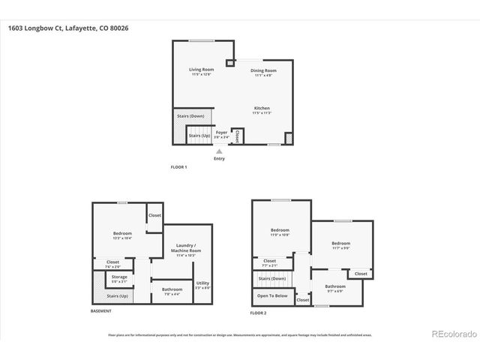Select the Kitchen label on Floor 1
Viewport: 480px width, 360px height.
tap(262, 110)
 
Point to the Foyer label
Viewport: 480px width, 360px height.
tap(221, 133)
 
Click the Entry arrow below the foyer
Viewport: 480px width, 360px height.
tap(219, 151)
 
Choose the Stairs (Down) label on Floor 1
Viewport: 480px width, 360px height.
tap(190, 116)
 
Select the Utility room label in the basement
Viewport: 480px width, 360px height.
tap(202, 284)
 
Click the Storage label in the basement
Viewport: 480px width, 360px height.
tap(119, 278)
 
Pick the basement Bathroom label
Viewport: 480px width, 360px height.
tap(172, 290)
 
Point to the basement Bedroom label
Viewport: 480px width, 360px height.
tap(122, 234)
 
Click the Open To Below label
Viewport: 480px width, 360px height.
tap(271, 295)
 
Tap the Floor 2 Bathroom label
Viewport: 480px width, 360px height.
tap(335, 287)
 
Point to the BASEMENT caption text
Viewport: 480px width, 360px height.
tap(101, 310)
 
